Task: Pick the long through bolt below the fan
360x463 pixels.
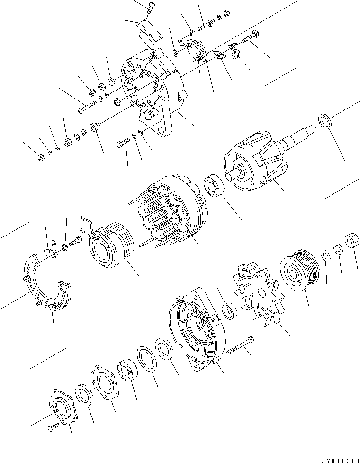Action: (240, 345)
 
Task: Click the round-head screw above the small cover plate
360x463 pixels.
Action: (151, 7)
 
